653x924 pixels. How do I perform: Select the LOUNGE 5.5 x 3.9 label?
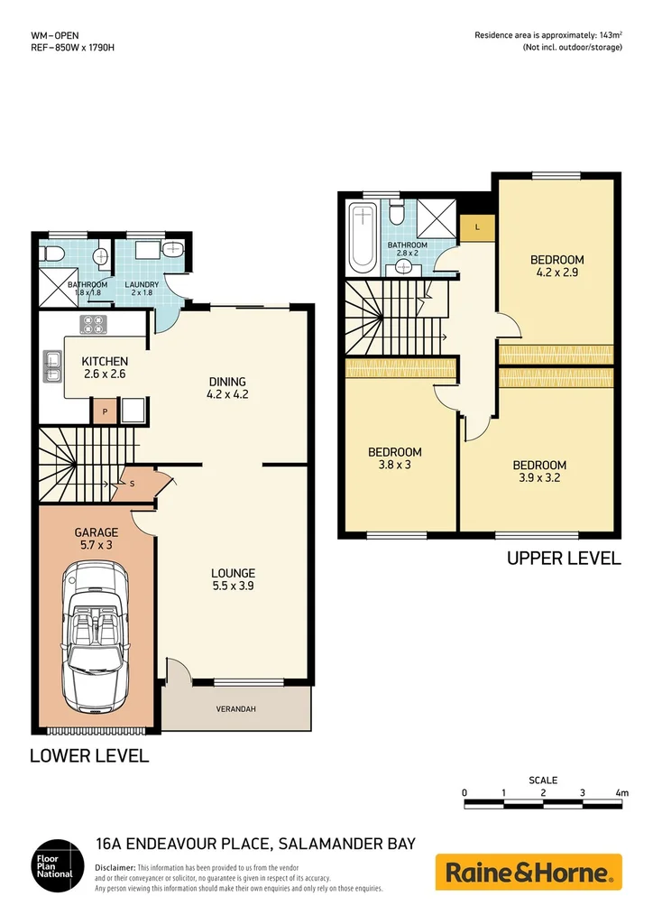pyautogui.click(x=233, y=579)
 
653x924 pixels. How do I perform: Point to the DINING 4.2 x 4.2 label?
pyautogui.click(x=226, y=387)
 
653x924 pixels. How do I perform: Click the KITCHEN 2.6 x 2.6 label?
pyautogui.click(x=104, y=366)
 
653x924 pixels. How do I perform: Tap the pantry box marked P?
pyautogui.click(x=104, y=411)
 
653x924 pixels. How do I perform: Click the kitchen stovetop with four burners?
pyautogui.click(x=93, y=324)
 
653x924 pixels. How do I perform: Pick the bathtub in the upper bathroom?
pyautogui.click(x=363, y=236)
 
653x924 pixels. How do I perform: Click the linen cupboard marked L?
pyautogui.click(x=477, y=227)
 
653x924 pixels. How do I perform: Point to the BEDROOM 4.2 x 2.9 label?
pyautogui.click(x=556, y=266)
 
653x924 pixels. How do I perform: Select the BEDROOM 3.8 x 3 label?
pyautogui.click(x=394, y=458)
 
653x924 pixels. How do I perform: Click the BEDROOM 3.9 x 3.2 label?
pyautogui.click(x=539, y=472)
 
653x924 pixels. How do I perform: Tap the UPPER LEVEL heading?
pyautogui.click(x=564, y=559)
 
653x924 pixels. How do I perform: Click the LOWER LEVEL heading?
pyautogui.click(x=89, y=755)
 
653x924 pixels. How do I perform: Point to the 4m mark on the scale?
pyautogui.click(x=621, y=793)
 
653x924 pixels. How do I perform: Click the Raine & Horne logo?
pyautogui.click(x=529, y=872)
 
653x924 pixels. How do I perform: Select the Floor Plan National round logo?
pyautogui.click(x=53, y=872)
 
